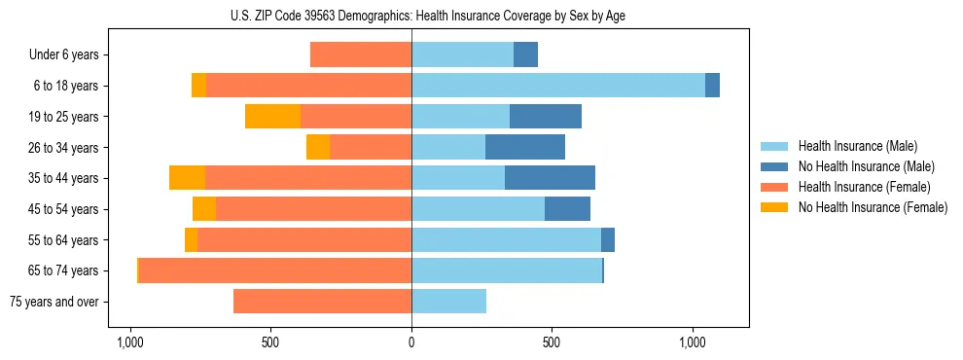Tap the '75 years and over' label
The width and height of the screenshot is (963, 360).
[x=54, y=302]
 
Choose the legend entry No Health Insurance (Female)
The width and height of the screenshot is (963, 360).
[x=873, y=207]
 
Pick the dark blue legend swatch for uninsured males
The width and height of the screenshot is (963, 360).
[x=775, y=166]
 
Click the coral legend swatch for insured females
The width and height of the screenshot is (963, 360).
[x=775, y=187]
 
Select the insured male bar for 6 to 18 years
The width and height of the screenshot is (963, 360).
[x=558, y=86]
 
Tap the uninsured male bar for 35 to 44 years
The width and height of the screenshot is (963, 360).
[x=550, y=178]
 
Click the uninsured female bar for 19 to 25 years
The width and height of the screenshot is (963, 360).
[x=272, y=117]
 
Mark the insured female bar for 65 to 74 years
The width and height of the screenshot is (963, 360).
[x=275, y=270]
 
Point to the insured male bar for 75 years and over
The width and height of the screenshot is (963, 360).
[x=448, y=302]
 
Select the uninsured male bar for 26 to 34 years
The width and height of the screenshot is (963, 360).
[x=525, y=147]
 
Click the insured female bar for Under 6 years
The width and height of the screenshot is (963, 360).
[x=361, y=54]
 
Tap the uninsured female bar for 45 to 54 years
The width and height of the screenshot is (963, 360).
[x=204, y=209]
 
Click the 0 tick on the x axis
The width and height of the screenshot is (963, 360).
[x=411, y=343]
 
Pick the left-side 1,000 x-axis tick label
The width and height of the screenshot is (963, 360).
[x=130, y=343]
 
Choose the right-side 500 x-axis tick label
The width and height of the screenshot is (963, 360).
[x=552, y=343]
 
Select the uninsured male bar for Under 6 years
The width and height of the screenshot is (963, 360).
[x=525, y=54]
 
